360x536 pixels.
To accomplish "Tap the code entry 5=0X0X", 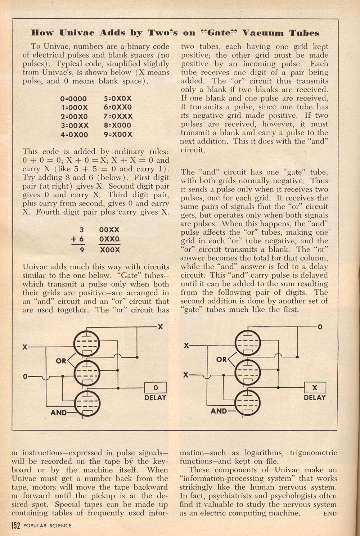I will (118, 99).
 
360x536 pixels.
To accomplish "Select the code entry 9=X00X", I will (118, 135).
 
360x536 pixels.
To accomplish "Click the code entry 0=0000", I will (74, 99).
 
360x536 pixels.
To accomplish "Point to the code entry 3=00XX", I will (75, 126).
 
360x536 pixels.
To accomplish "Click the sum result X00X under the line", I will (109, 250).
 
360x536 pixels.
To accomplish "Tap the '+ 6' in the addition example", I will (77, 239).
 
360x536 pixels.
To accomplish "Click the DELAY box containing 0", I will (156, 388).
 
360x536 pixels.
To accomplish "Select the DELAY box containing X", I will (315, 388).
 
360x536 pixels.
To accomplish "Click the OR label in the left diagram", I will (61, 360).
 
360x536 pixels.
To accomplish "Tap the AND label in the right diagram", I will (219, 411).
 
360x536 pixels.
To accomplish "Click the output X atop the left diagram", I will (160, 327).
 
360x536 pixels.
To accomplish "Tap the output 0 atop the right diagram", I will (320, 327).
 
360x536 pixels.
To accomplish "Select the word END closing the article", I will (330, 514).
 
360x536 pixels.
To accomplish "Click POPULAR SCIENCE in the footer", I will (47, 526).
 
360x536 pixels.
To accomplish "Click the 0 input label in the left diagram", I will (25, 377).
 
